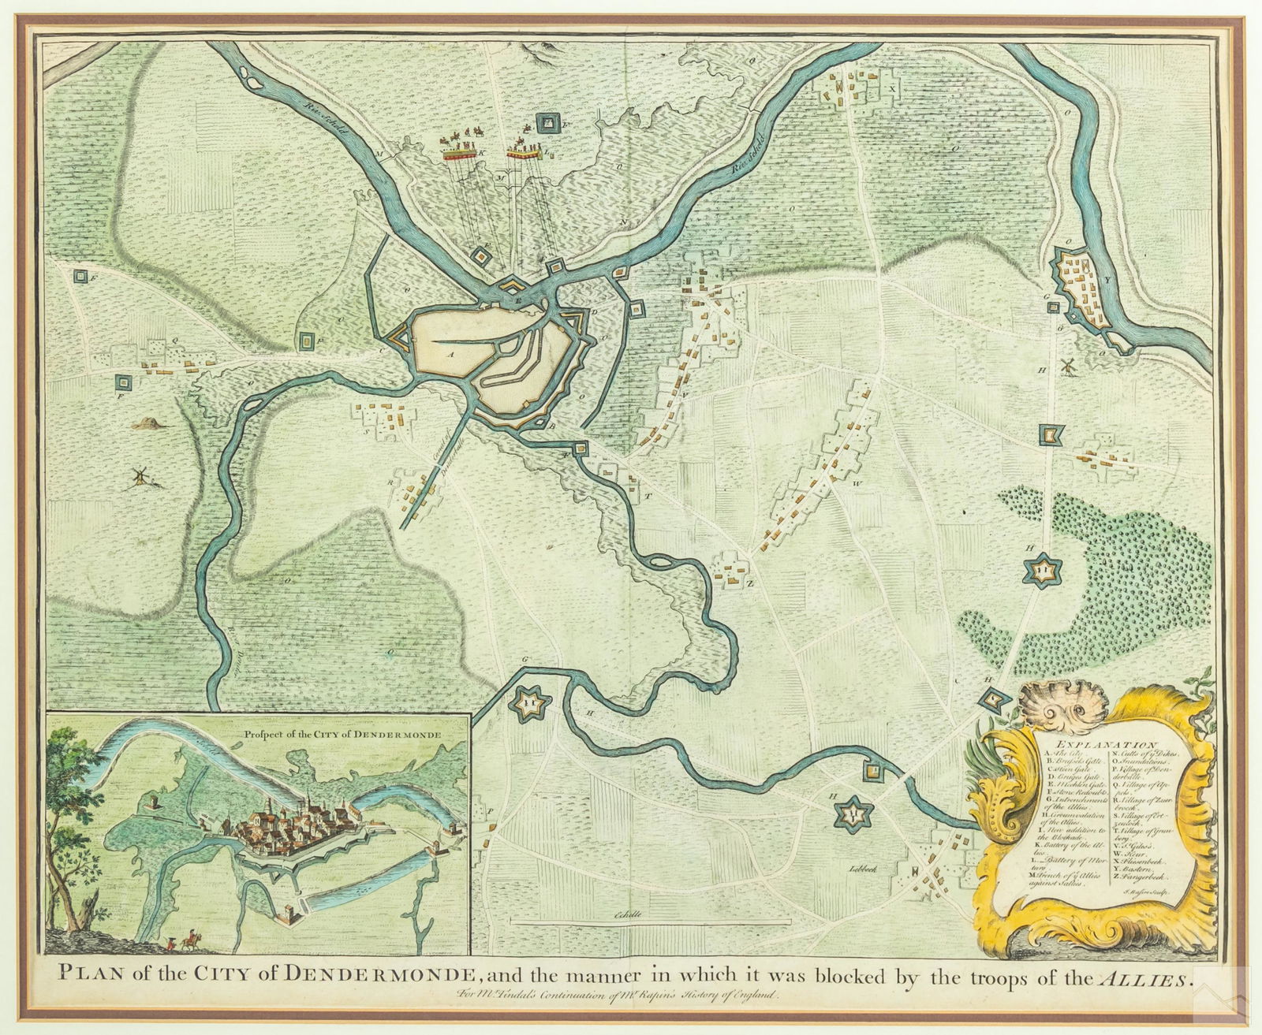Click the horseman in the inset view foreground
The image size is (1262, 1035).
(x=189, y=938)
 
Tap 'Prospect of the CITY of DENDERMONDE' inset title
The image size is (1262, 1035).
(x=343, y=732)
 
